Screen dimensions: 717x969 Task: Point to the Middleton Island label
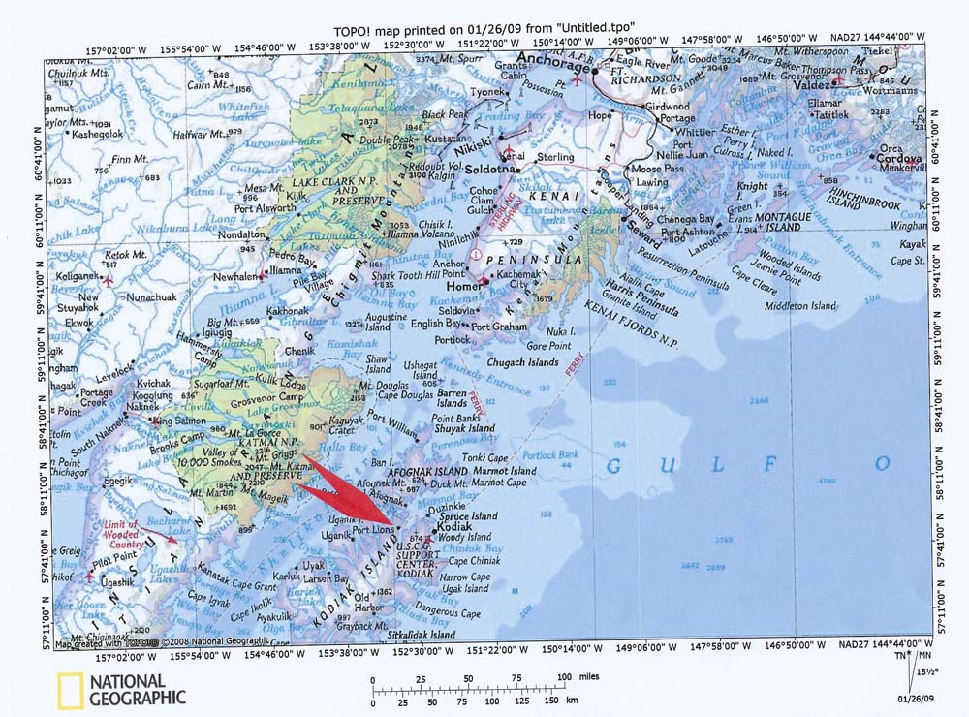pos(799,305)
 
